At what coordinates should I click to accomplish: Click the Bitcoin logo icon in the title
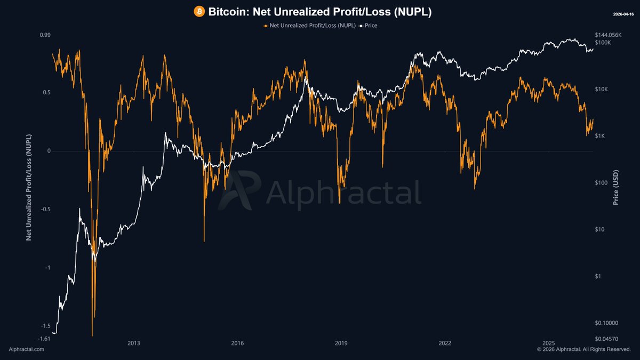[x=199, y=11]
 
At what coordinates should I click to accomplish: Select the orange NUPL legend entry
[x=309, y=25]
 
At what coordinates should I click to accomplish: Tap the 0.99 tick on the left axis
[x=45, y=35]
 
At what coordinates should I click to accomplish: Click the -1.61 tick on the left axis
[x=44, y=339]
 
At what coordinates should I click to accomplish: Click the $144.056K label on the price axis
[x=609, y=35]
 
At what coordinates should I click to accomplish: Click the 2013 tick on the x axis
[x=134, y=343]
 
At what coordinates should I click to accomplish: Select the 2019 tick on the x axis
[x=341, y=343]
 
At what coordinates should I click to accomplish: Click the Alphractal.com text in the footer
[x=27, y=349]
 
